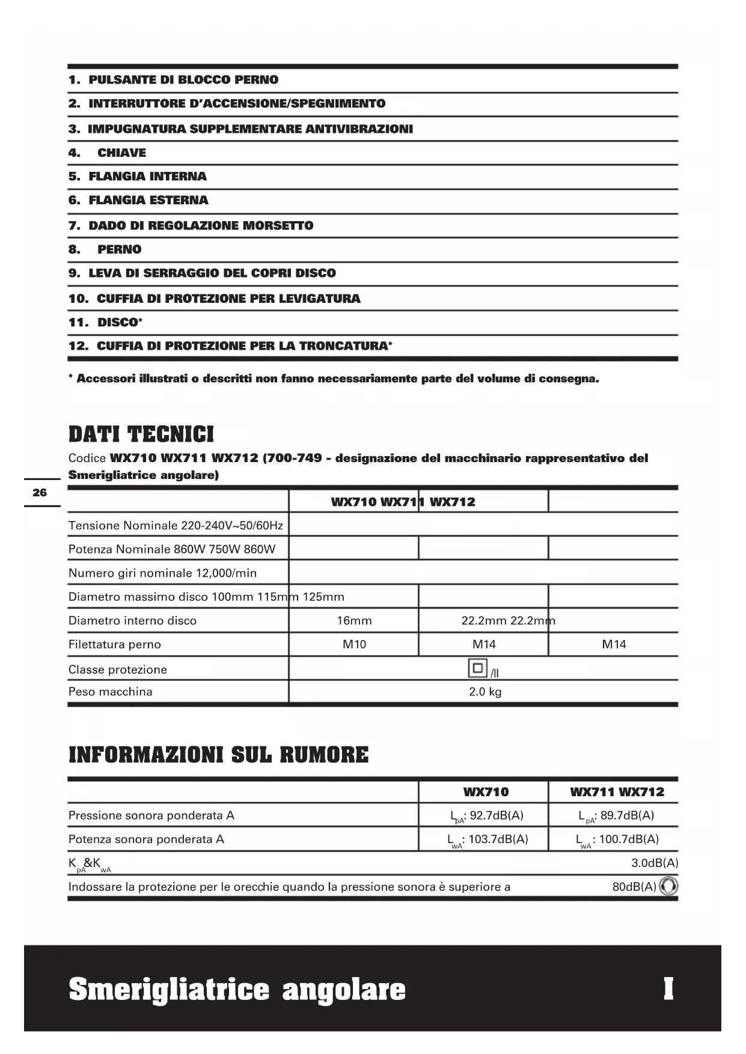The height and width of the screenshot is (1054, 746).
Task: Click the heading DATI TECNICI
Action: [141, 434]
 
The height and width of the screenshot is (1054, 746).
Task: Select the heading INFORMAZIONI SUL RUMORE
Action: [219, 755]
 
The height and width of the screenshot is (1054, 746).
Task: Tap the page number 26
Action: [40, 493]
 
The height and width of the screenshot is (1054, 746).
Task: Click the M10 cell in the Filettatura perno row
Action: [354, 645]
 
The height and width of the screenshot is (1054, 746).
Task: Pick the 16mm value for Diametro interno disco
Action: [354, 621]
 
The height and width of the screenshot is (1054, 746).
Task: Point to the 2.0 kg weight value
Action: [485, 692]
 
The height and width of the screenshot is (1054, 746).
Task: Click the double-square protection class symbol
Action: [477, 668]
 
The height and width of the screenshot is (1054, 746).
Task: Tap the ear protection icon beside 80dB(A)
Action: [668, 887]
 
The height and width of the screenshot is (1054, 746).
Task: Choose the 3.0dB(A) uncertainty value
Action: [654, 863]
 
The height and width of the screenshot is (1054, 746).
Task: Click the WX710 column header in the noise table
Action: [486, 792]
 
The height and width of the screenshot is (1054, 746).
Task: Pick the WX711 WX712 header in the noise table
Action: [617, 792]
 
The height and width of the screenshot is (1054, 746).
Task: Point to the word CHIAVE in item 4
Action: [121, 153]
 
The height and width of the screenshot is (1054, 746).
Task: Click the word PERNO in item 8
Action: [120, 249]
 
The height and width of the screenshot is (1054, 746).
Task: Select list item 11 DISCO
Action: [106, 322]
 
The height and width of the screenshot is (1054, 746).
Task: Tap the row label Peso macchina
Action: [111, 692]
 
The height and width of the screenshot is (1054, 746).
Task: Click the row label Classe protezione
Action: [118, 669]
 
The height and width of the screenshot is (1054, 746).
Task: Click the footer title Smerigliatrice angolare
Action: [237, 989]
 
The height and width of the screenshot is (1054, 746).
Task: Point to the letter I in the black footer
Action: [668, 989]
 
